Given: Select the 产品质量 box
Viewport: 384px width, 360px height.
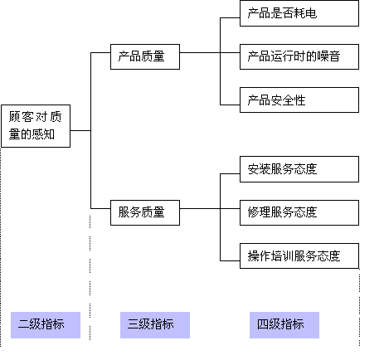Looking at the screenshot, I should pyautogui.click(x=145, y=56).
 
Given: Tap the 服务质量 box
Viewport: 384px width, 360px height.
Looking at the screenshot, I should pyautogui.click(x=145, y=212).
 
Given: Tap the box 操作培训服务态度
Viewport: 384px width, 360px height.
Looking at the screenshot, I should pyautogui.click(x=299, y=255).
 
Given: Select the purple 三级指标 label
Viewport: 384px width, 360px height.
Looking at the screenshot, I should pyautogui.click(x=155, y=324).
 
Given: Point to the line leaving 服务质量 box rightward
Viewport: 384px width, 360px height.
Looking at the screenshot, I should pyautogui.click(x=199, y=212).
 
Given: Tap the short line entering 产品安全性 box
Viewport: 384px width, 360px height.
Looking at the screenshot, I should pyautogui.click(x=229, y=105).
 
